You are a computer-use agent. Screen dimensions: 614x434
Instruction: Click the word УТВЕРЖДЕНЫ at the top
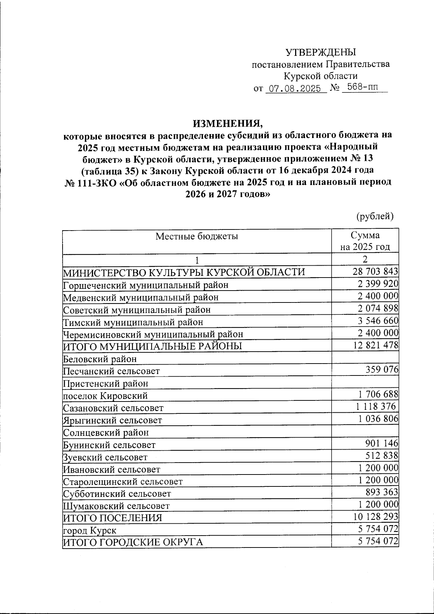[321, 52]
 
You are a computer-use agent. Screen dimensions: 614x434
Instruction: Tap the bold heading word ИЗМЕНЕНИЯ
[227, 124]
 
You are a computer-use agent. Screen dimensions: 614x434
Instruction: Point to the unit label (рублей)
[375, 216]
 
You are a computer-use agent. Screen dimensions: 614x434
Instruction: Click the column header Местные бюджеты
[197, 236]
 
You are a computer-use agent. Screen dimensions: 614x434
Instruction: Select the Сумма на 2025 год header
[365, 241]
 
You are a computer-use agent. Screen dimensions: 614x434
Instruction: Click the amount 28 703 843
[375, 271]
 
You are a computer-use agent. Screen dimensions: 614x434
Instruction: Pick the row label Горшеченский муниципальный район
[146, 285]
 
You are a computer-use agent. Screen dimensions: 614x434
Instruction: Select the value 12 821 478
[375, 345]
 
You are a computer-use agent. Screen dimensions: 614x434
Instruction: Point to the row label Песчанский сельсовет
[111, 371]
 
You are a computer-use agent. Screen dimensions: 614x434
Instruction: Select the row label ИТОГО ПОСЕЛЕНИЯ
[112, 518]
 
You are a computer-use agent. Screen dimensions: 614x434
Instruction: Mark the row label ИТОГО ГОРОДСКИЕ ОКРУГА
[133, 542]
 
